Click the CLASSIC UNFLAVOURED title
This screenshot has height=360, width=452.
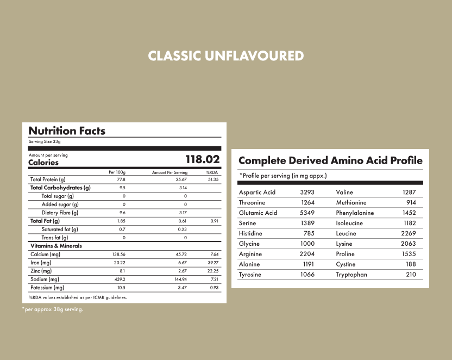(225, 56)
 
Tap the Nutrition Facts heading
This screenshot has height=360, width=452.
(67, 131)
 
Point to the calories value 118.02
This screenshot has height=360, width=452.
(203, 159)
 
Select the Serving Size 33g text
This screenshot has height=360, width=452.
(45, 141)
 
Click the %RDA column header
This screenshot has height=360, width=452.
(211, 172)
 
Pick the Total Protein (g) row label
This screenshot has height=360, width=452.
(48, 179)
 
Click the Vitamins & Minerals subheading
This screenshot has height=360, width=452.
(56, 246)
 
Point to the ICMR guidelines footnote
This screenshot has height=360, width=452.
(77, 297)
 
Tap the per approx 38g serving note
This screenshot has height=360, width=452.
(53, 309)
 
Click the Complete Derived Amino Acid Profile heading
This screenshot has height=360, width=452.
(330, 160)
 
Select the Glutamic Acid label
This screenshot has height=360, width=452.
(258, 213)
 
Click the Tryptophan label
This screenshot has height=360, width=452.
(351, 275)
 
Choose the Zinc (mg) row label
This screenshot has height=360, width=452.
(41, 271)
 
